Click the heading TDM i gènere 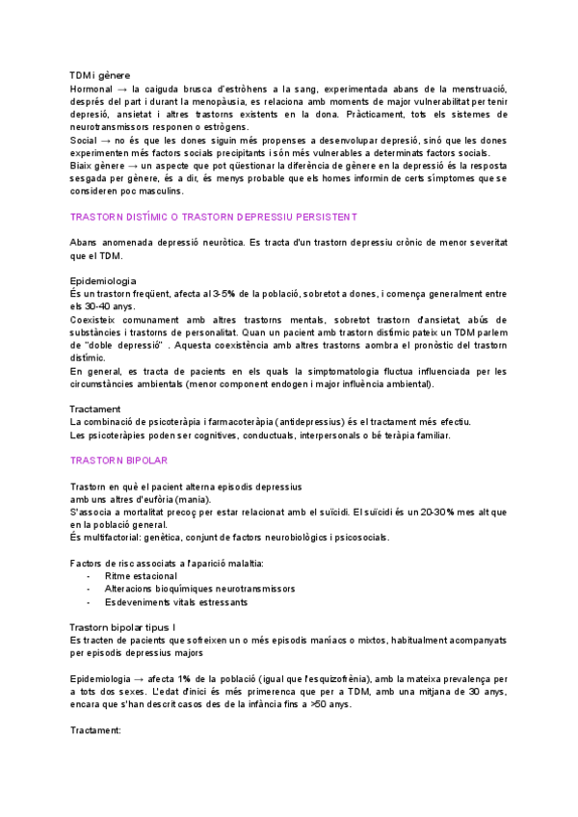click(100, 75)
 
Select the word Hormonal click(92, 89)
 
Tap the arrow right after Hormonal click(123, 89)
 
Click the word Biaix click(83, 166)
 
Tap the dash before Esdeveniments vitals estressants click(89, 601)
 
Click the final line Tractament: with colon click(96, 730)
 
